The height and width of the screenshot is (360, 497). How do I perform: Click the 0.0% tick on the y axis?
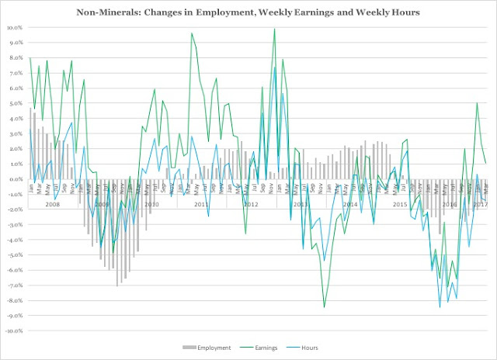tap(16, 178)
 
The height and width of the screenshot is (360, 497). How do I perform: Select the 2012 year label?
tap(250, 204)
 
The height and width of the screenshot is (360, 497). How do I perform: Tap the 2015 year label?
tap(400, 204)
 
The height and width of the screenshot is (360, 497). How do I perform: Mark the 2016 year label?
tap(450, 204)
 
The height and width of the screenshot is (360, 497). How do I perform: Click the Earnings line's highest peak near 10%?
tap(275, 29)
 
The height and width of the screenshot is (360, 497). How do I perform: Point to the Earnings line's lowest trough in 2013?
tap(325, 307)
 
